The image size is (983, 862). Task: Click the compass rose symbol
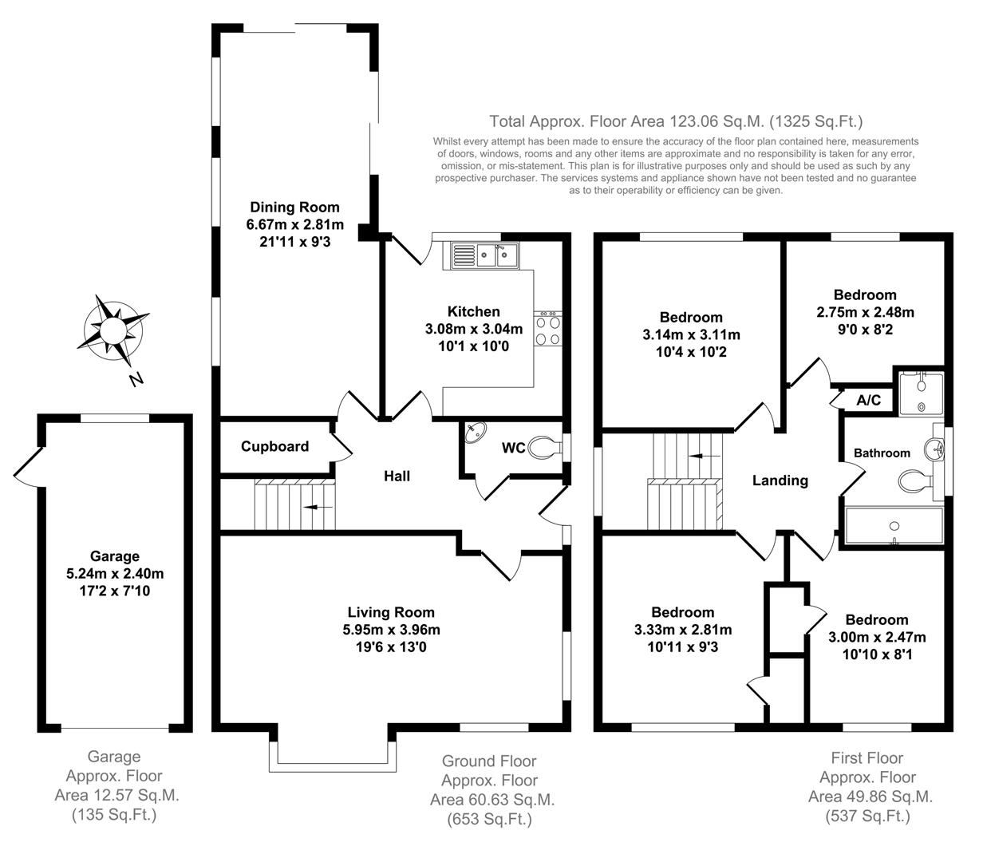pos(113,328)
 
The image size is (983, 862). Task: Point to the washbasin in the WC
pos(476,432)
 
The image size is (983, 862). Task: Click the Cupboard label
pos(274,446)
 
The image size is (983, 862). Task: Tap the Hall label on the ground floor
pos(397,476)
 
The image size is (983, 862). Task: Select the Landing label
pos(780,480)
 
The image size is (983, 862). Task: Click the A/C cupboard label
pos(868,400)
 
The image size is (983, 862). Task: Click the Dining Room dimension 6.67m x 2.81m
pos(294,224)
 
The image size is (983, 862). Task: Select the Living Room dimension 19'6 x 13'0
pos(386,647)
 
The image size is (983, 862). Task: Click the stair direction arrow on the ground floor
pos(322,506)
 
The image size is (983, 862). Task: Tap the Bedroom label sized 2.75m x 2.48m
pos(865,295)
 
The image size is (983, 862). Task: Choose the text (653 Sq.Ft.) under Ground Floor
pos(489,818)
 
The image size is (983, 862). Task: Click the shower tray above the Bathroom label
pos(921,392)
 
